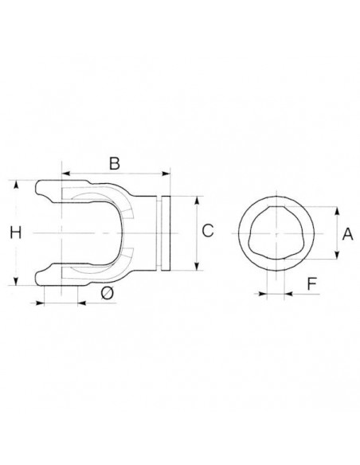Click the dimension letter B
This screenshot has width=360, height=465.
[x=115, y=163]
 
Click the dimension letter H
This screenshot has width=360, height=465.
[x=16, y=232]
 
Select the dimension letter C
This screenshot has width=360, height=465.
[x=208, y=231]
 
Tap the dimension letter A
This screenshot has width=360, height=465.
[x=347, y=234]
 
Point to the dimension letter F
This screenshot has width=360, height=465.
[x=312, y=284]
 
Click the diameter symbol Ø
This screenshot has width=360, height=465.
[x=107, y=294]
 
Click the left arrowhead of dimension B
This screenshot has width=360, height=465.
[x=65, y=174]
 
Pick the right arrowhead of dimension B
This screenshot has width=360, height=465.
[x=166, y=174]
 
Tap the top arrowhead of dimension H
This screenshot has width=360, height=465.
[x=16, y=185]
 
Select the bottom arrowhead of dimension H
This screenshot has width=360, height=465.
[x=16, y=281]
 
